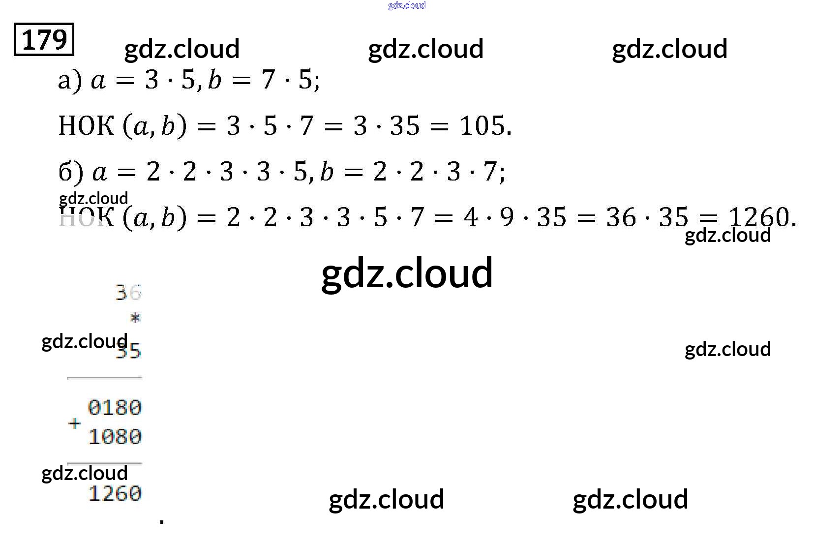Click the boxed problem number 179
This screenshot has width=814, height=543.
(x=44, y=39)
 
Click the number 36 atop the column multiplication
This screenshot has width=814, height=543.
(x=128, y=293)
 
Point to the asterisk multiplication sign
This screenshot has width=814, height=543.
(x=135, y=318)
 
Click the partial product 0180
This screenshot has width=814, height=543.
(x=115, y=408)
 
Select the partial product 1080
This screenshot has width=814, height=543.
(x=115, y=437)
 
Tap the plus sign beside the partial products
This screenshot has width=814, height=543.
(x=75, y=423)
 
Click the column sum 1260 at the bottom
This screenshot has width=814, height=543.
(x=115, y=493)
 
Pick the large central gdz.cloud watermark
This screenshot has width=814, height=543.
(x=407, y=273)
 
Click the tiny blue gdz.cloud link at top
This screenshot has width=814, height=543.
(x=407, y=5)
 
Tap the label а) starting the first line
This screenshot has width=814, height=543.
(x=69, y=80)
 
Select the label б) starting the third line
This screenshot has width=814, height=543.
(x=70, y=172)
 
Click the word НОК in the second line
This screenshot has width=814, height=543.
(x=86, y=126)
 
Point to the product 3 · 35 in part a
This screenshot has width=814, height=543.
(x=387, y=126)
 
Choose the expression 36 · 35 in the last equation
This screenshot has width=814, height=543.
(x=646, y=217)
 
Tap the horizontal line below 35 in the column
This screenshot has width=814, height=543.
(x=104, y=378)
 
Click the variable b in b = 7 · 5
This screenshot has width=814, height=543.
(x=214, y=80)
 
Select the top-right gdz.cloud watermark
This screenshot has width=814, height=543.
(x=669, y=49)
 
